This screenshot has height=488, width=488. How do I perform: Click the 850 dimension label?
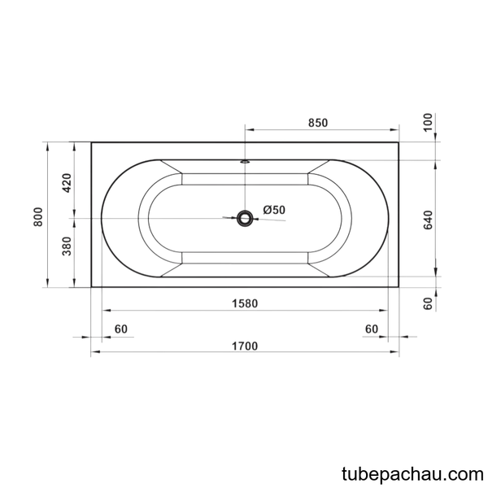tap(318, 123)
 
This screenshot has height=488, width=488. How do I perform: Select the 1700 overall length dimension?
tap(245, 346)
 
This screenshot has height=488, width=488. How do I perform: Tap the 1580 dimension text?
tap(245, 303)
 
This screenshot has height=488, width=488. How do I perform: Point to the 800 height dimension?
tap(37, 216)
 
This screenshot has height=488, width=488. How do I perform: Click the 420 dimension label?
tap(67, 183)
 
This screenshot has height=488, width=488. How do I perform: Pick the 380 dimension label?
tap(67, 246)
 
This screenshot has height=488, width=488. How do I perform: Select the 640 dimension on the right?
tap(429, 220)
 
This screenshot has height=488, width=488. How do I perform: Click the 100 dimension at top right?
tap(429, 122)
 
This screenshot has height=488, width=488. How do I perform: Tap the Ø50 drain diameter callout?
tap(274, 210)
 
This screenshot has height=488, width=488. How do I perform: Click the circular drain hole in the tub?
tap(245, 219)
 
